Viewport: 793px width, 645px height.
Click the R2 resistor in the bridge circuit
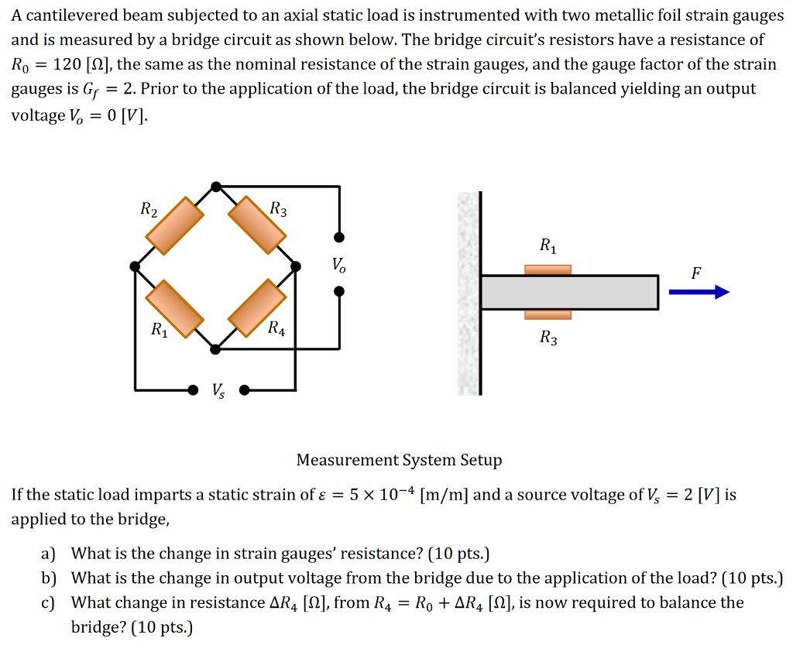pos(175,225)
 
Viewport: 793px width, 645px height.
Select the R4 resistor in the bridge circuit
pos(258,307)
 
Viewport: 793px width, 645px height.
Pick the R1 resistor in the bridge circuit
pos(176,308)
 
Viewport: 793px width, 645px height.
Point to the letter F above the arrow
pos(697,273)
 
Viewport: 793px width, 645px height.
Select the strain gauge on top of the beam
pos(548,269)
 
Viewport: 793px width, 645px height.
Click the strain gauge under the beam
pos(548,314)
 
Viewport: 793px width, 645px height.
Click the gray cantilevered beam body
pos(569,292)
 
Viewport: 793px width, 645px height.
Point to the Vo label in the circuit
pos(339,266)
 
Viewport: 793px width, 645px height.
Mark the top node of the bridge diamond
pos(217,186)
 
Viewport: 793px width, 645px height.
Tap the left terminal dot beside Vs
pos(193,389)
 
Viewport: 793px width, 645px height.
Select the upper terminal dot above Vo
pos(339,237)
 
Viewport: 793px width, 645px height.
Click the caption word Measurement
pos(348,460)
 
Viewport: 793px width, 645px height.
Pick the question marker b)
pos(49,578)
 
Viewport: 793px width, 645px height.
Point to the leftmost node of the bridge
pos(136,266)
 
